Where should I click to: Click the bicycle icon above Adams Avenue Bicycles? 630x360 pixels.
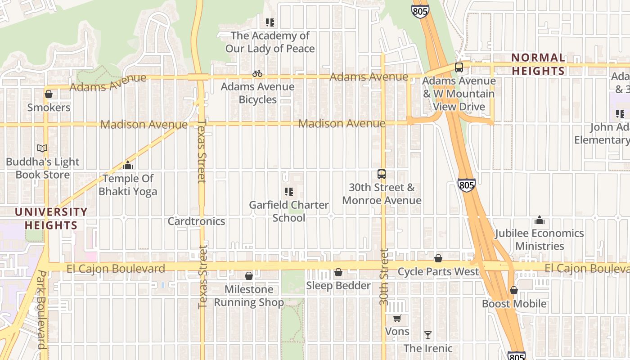pos(257,73)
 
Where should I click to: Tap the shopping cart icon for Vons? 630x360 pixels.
pos(397,319)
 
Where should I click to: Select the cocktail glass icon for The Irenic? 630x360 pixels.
pos(428,335)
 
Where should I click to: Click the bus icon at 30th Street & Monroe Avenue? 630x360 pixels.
pos(382,174)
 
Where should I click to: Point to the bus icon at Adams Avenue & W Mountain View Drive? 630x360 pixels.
pos(459,67)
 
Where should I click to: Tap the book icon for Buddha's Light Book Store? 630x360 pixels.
pos(42,148)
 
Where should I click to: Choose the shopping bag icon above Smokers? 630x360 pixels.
pos(49,94)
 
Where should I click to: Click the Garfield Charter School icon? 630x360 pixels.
pos(289,192)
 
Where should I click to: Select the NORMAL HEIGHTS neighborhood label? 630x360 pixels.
pos(538,64)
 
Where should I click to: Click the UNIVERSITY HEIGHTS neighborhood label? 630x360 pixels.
pos(51,218)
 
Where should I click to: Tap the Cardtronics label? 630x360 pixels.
pos(196,221)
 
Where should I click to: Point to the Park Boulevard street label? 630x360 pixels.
pos(41,310)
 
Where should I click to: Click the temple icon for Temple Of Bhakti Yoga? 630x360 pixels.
pos(128,166)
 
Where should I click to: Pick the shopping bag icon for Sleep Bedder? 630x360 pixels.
pos(338,272)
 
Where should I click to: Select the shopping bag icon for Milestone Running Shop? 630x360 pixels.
pos(249,276)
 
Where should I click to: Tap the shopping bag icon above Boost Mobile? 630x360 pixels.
pos(514,290)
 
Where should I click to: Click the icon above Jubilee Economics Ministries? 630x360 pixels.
pos(539,220)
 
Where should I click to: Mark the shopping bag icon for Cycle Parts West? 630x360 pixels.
pos(438,258)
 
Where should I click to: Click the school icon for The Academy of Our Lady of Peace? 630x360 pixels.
pos(270,22)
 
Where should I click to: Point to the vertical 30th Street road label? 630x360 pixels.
pos(383,277)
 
